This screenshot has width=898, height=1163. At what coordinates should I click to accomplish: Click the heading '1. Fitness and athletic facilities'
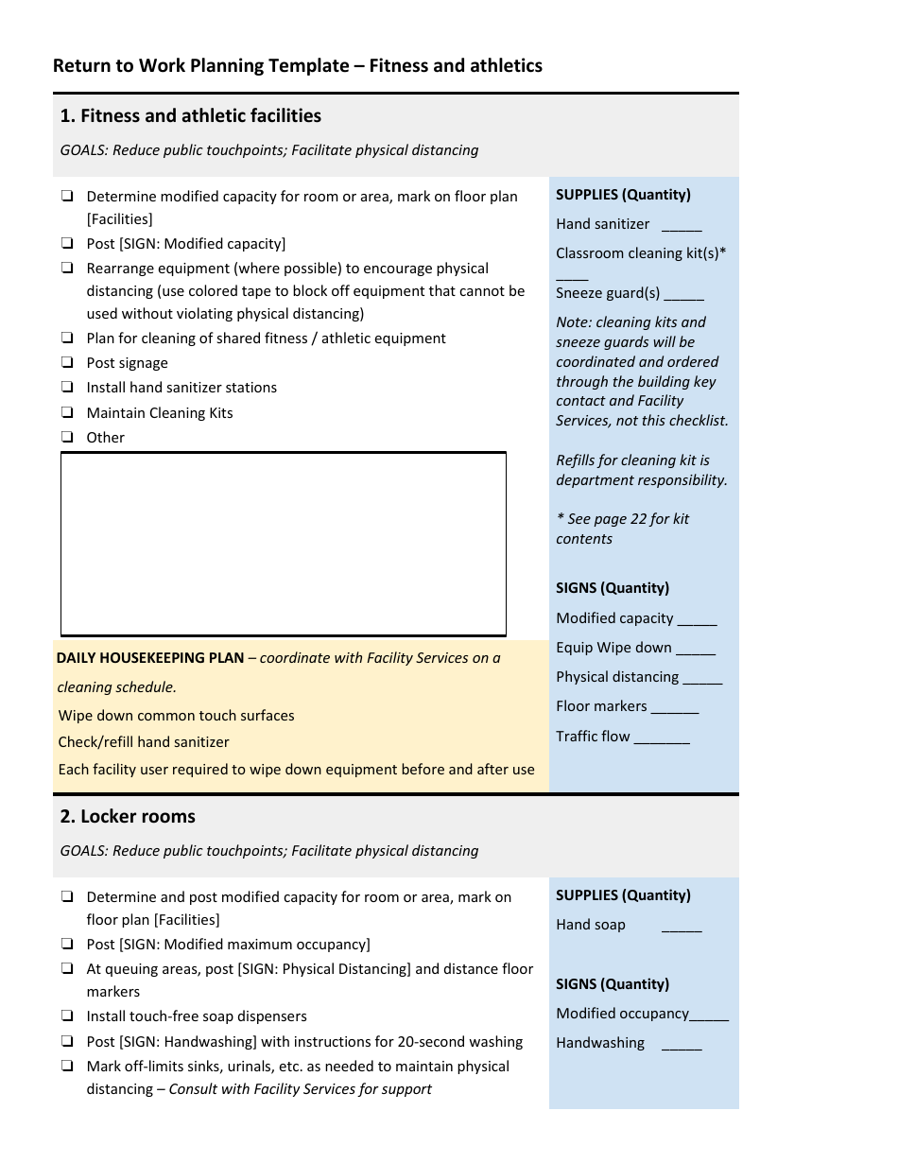click(190, 115)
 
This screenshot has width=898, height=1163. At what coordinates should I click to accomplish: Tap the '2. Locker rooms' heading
click(128, 816)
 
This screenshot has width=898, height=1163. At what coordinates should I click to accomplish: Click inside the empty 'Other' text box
click(284, 544)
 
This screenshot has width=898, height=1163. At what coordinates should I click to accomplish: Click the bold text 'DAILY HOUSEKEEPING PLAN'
click(150, 657)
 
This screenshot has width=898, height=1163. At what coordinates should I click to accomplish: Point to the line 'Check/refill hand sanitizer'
click(144, 742)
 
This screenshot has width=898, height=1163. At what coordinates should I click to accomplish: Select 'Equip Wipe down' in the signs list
click(613, 648)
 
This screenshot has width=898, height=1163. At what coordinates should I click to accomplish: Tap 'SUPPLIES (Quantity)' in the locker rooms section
click(623, 894)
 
